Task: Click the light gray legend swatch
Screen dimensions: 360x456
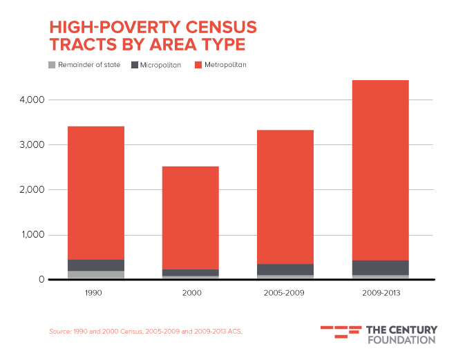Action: click(x=52, y=64)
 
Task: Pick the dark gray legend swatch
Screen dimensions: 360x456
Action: click(x=135, y=64)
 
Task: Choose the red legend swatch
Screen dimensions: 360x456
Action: click(x=198, y=64)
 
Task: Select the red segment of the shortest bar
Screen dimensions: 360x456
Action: click(x=190, y=217)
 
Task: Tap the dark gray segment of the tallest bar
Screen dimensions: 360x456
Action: click(x=380, y=267)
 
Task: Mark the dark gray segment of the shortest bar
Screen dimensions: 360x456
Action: click(x=190, y=272)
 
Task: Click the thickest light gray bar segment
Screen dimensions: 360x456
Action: click(x=95, y=274)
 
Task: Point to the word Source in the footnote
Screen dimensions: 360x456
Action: click(x=59, y=331)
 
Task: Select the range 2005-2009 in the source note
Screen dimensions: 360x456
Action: click(x=156, y=331)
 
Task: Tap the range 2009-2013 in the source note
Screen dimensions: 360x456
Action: click(x=200, y=331)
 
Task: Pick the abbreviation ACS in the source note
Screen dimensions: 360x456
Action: click(x=232, y=331)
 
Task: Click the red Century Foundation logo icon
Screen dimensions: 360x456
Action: click(x=341, y=332)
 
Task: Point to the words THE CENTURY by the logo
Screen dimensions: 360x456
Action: click(x=401, y=329)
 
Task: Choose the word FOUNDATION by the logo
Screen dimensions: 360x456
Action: click(x=401, y=339)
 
